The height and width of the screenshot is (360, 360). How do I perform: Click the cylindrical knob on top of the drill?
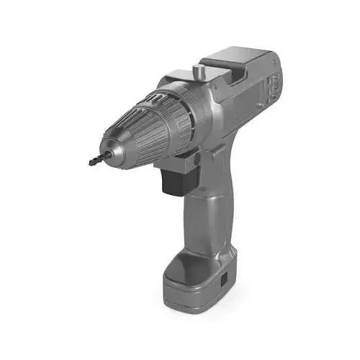coord(198,73)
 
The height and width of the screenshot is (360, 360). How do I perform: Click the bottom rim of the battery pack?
coord(194,306)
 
